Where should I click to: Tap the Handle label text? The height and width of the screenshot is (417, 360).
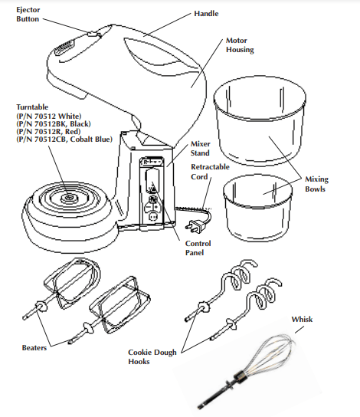(206, 14)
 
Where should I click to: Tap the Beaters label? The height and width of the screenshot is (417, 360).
(34, 347)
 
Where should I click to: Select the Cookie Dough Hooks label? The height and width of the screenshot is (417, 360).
(154, 357)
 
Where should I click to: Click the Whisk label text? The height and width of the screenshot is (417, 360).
(301, 319)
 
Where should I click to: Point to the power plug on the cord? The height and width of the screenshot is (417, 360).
(195, 226)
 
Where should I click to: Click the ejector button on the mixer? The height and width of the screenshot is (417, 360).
(93, 33)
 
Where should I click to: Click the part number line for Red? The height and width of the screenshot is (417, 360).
(54, 131)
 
